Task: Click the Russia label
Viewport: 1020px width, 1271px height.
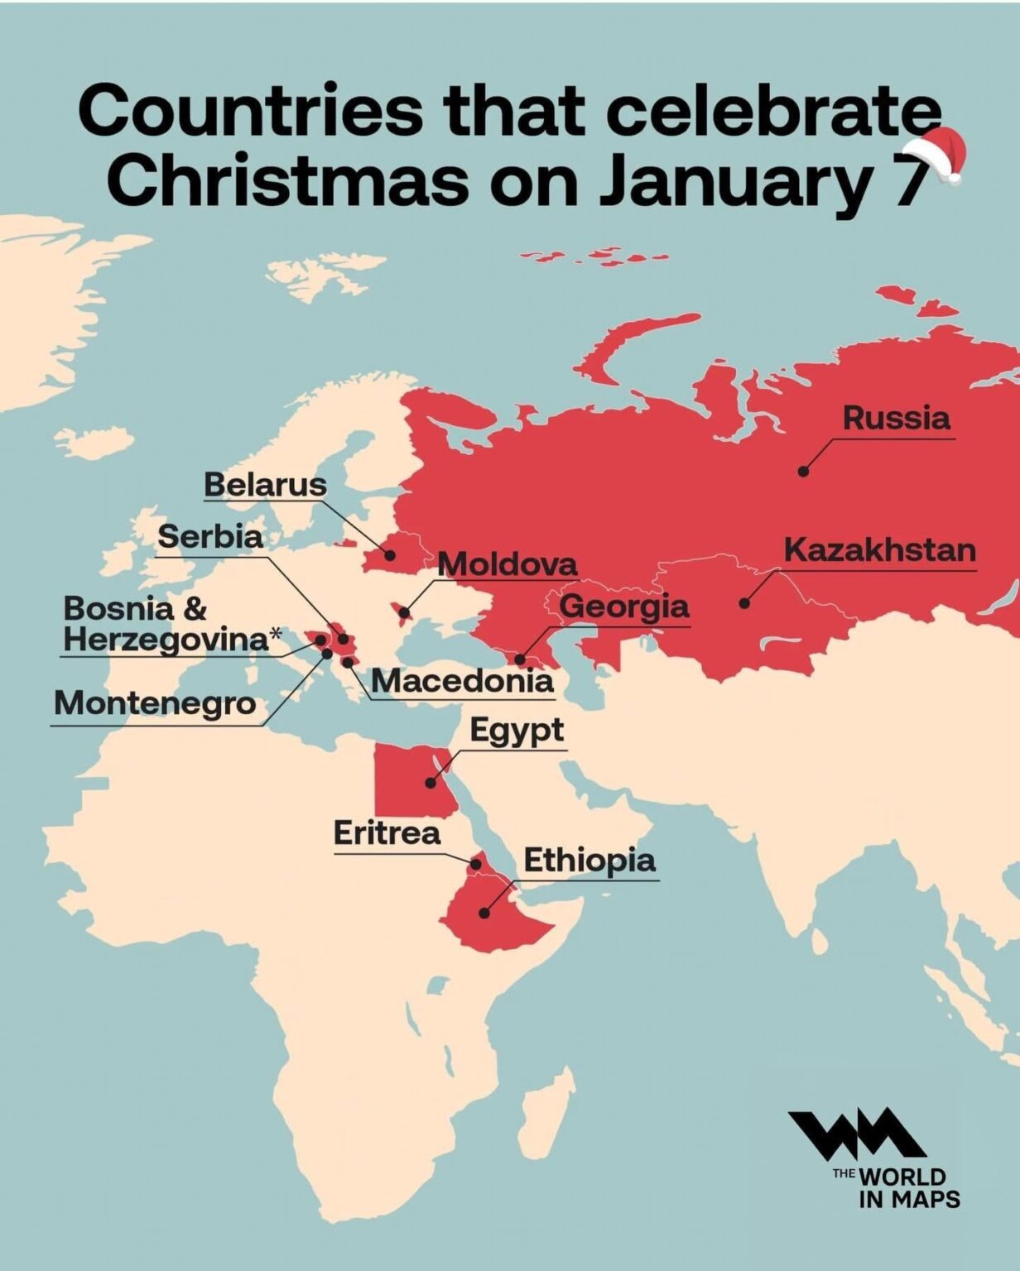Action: tap(897, 417)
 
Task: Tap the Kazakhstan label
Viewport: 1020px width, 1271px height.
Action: tap(879, 550)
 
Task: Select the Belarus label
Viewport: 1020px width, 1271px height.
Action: tap(265, 485)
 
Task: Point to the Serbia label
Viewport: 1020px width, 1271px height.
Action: tap(210, 536)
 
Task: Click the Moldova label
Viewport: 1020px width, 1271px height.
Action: tap(507, 564)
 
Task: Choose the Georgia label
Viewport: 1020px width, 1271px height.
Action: tap(624, 607)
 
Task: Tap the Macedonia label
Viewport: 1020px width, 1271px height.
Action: tap(462, 680)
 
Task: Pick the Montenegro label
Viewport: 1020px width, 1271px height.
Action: tap(155, 703)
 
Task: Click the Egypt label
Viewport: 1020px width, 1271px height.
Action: tap(517, 731)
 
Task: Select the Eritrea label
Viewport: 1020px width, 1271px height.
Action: tap(387, 832)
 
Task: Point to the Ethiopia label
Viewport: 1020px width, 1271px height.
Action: tap(589, 861)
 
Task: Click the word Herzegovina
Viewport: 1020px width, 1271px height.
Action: tap(166, 639)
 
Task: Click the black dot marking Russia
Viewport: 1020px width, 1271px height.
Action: tap(802, 471)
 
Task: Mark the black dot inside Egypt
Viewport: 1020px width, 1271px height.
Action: tap(431, 782)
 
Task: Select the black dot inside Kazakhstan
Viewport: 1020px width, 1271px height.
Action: tap(744, 603)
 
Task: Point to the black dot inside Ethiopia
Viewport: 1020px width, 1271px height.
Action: tap(484, 913)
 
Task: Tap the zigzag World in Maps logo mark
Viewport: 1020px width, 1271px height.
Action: tap(856, 1134)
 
